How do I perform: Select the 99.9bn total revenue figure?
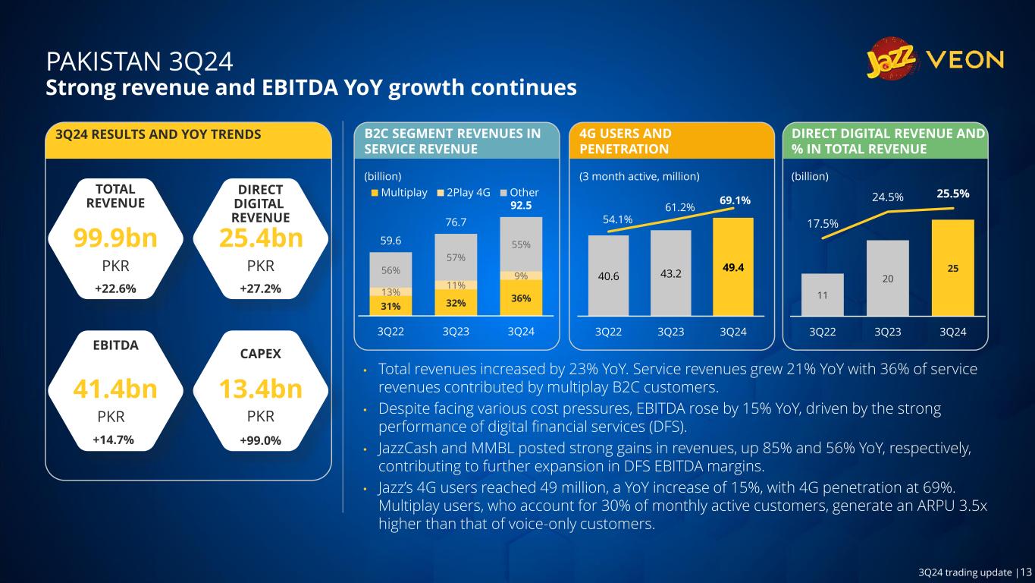pos(115,238)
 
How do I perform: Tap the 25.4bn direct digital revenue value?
pos(261,238)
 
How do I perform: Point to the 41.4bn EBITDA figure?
pos(115,389)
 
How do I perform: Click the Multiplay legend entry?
pos(400,192)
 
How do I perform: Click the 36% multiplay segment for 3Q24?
pos(521,297)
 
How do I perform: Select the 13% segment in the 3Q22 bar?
pos(391,292)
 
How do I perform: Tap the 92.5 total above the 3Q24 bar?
pos(521,205)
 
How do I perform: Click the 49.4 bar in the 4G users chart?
pos(732,266)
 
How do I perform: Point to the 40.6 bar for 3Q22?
pos(608,276)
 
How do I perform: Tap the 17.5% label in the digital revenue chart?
pos(822,224)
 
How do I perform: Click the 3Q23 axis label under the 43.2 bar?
pos(670,332)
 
